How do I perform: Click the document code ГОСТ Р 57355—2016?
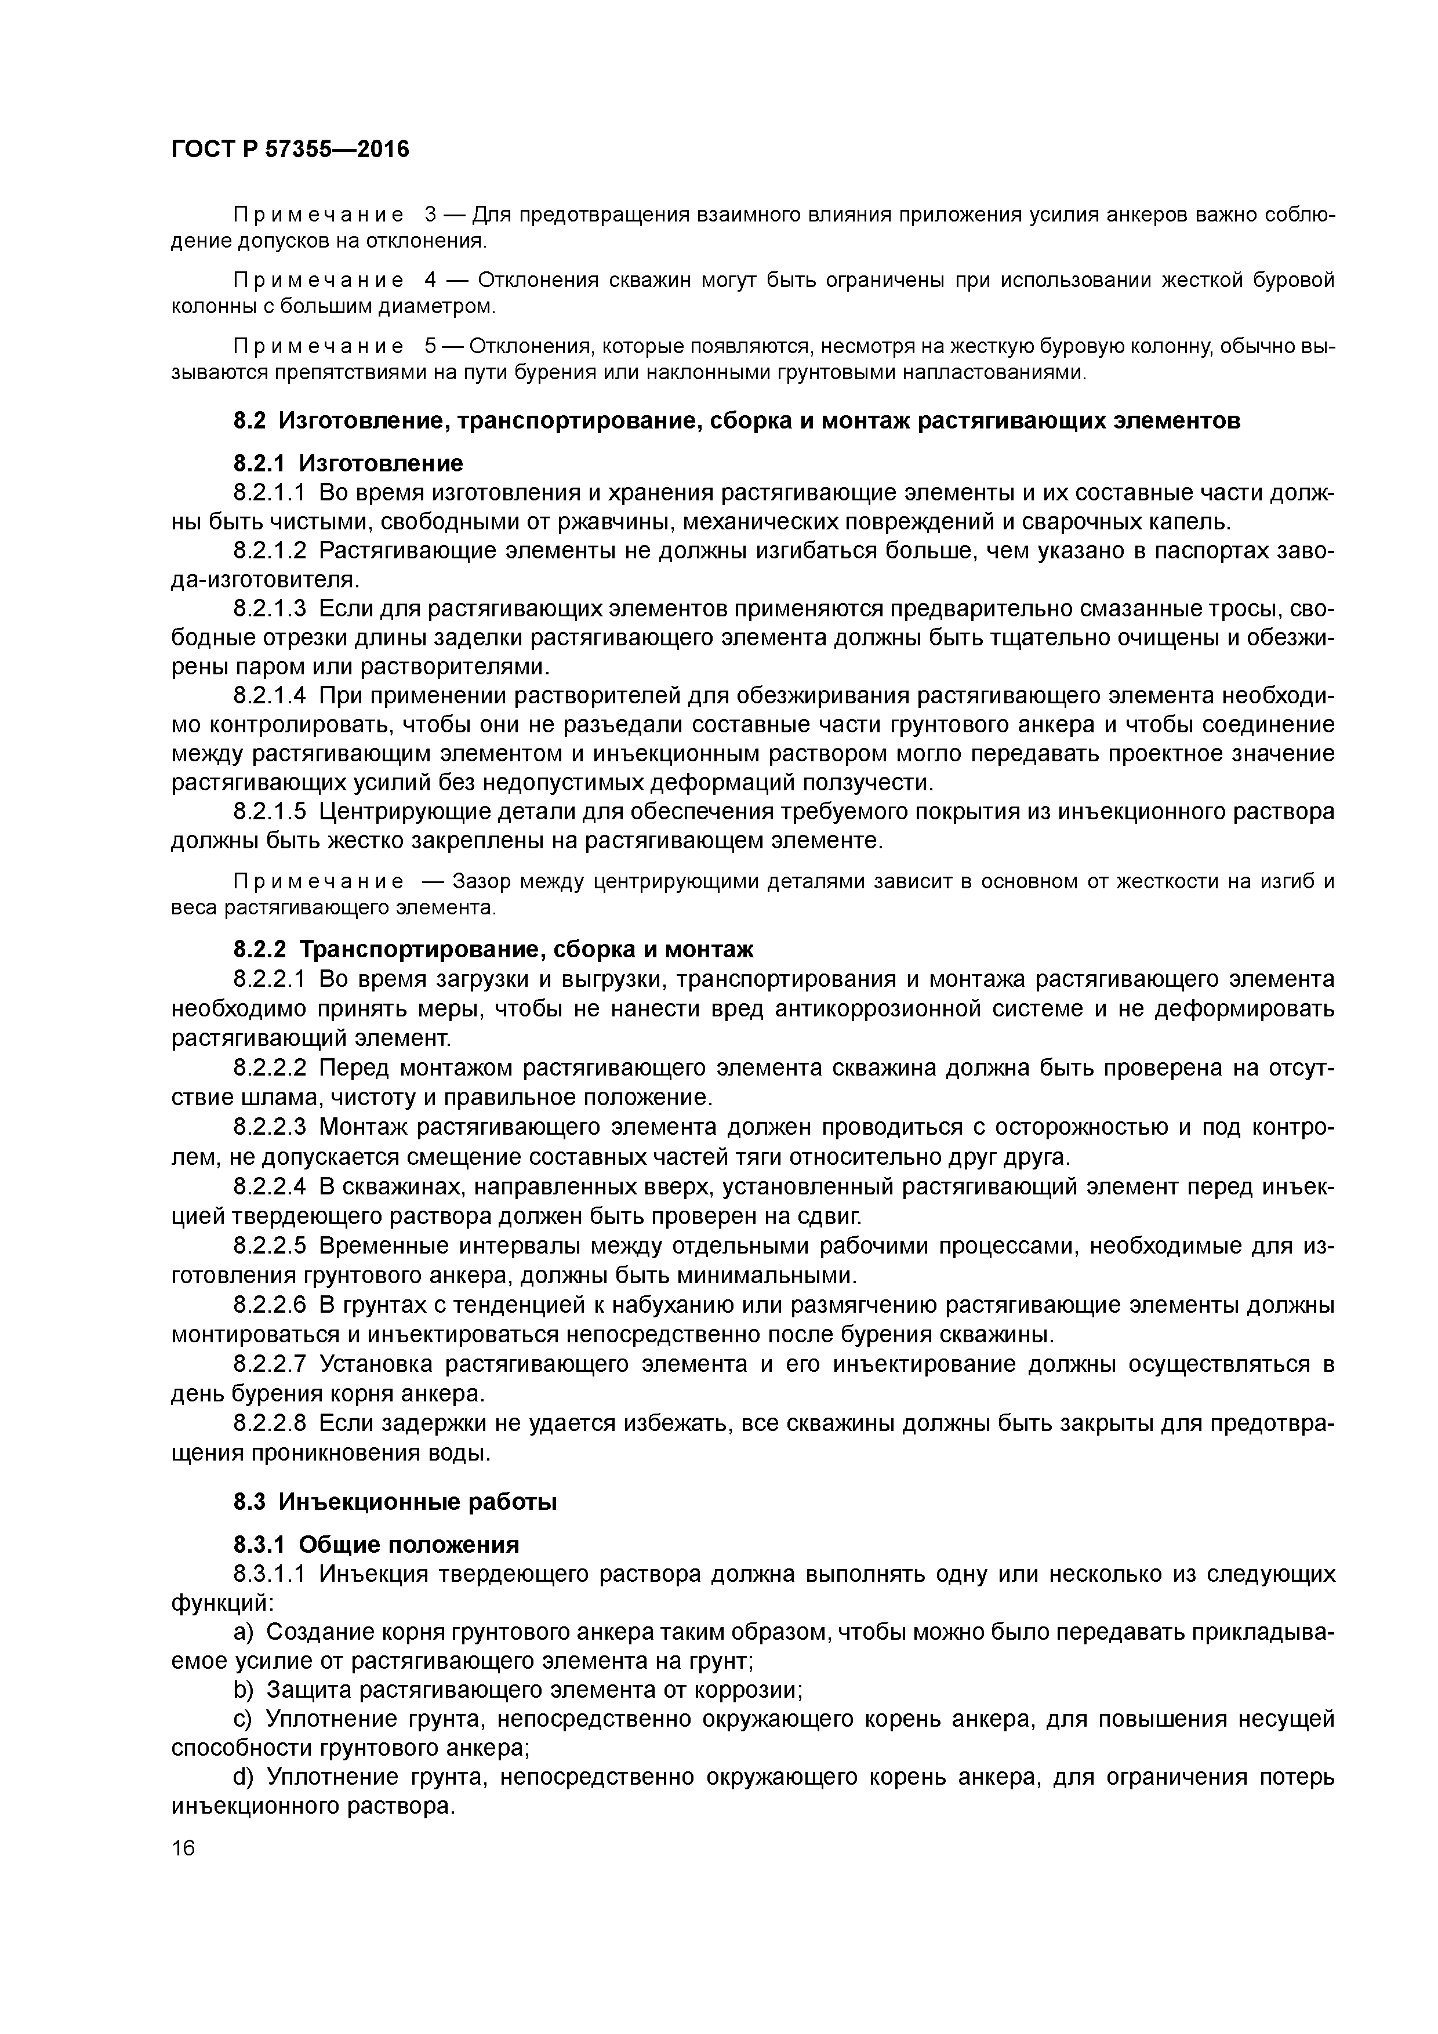click(290, 149)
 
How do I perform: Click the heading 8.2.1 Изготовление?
click(348, 463)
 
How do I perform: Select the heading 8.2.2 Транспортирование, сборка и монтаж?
click(493, 950)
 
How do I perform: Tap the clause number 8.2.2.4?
click(270, 1186)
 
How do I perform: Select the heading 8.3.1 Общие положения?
click(376, 1545)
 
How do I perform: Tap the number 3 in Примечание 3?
click(431, 215)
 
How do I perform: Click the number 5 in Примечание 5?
click(431, 346)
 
